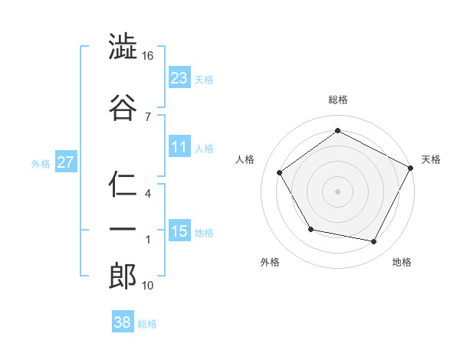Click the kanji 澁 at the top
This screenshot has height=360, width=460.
pos(123,47)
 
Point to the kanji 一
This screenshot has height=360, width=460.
pos(123,230)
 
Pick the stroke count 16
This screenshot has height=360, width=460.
pos(147,57)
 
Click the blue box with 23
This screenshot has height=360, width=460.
pos(179,78)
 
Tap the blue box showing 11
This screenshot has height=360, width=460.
pos(179,147)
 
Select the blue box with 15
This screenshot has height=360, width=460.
pos(179,231)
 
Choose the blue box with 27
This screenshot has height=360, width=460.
pos(66,162)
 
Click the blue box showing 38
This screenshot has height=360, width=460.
pos(122,323)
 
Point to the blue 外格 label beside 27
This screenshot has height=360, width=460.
pos(41,163)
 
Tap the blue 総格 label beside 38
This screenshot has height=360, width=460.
pos(147,324)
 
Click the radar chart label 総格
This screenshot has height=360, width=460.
pos(337,100)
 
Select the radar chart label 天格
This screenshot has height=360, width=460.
pos(431,159)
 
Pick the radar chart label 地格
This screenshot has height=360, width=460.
pos(402,262)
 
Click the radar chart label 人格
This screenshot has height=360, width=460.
pos(245,159)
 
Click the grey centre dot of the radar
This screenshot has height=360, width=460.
pos(337,191)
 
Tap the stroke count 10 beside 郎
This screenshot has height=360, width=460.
pos(147,286)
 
